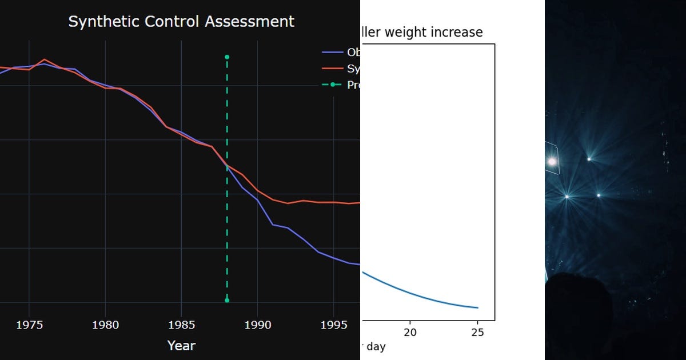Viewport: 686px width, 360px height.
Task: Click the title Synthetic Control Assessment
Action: [x=181, y=22]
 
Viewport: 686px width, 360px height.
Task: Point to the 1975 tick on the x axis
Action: [x=29, y=325]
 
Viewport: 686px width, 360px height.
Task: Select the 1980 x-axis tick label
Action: [x=105, y=325]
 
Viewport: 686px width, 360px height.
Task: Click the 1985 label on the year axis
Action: [x=181, y=325]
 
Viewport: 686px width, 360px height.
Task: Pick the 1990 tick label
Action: [x=257, y=325]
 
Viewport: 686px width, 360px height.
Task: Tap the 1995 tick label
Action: [x=334, y=325]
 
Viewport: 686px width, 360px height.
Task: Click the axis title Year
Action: [x=181, y=346]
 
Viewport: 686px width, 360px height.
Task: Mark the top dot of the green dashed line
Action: [x=227, y=57]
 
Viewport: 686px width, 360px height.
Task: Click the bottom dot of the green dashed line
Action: [x=227, y=300]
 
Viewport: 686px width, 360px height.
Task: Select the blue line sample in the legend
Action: [x=332, y=53]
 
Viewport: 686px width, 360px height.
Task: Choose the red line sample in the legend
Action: [x=332, y=69]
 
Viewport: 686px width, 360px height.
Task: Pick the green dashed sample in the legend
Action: [x=332, y=85]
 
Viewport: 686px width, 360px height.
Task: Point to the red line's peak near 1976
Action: [x=45, y=59]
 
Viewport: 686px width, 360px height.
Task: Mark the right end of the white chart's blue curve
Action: [x=478, y=308]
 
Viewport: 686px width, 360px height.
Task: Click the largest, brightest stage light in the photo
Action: [x=552, y=162]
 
